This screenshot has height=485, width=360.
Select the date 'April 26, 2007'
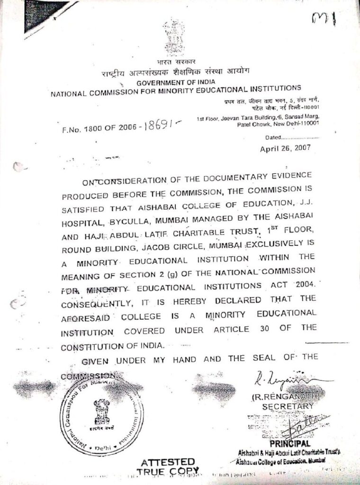[285, 148]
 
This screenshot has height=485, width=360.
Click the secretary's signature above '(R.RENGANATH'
[289, 379]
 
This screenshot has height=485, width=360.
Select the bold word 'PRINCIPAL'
[290, 444]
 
